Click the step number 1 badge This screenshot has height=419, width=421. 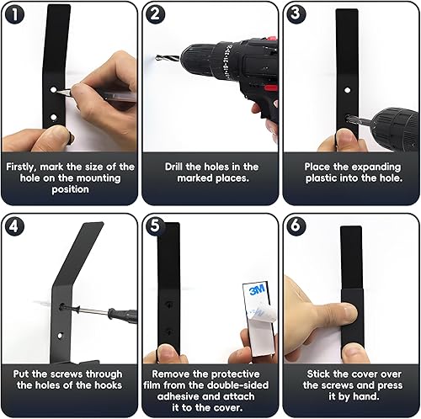click(14, 14)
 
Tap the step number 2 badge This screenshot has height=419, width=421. click(155, 14)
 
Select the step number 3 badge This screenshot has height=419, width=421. click(296, 14)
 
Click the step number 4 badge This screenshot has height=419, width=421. click(14, 226)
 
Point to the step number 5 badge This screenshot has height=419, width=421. click(155, 226)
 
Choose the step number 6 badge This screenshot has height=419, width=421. click(296, 226)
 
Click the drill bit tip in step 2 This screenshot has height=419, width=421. click(157, 57)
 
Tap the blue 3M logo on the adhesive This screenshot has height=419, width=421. click(257, 290)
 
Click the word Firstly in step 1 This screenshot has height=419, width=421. click(21, 167)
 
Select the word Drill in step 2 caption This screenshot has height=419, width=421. click(173, 167)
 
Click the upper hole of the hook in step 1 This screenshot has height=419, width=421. click(54, 90)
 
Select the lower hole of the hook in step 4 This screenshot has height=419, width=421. click(60, 336)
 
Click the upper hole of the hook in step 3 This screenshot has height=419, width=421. click(348, 90)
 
